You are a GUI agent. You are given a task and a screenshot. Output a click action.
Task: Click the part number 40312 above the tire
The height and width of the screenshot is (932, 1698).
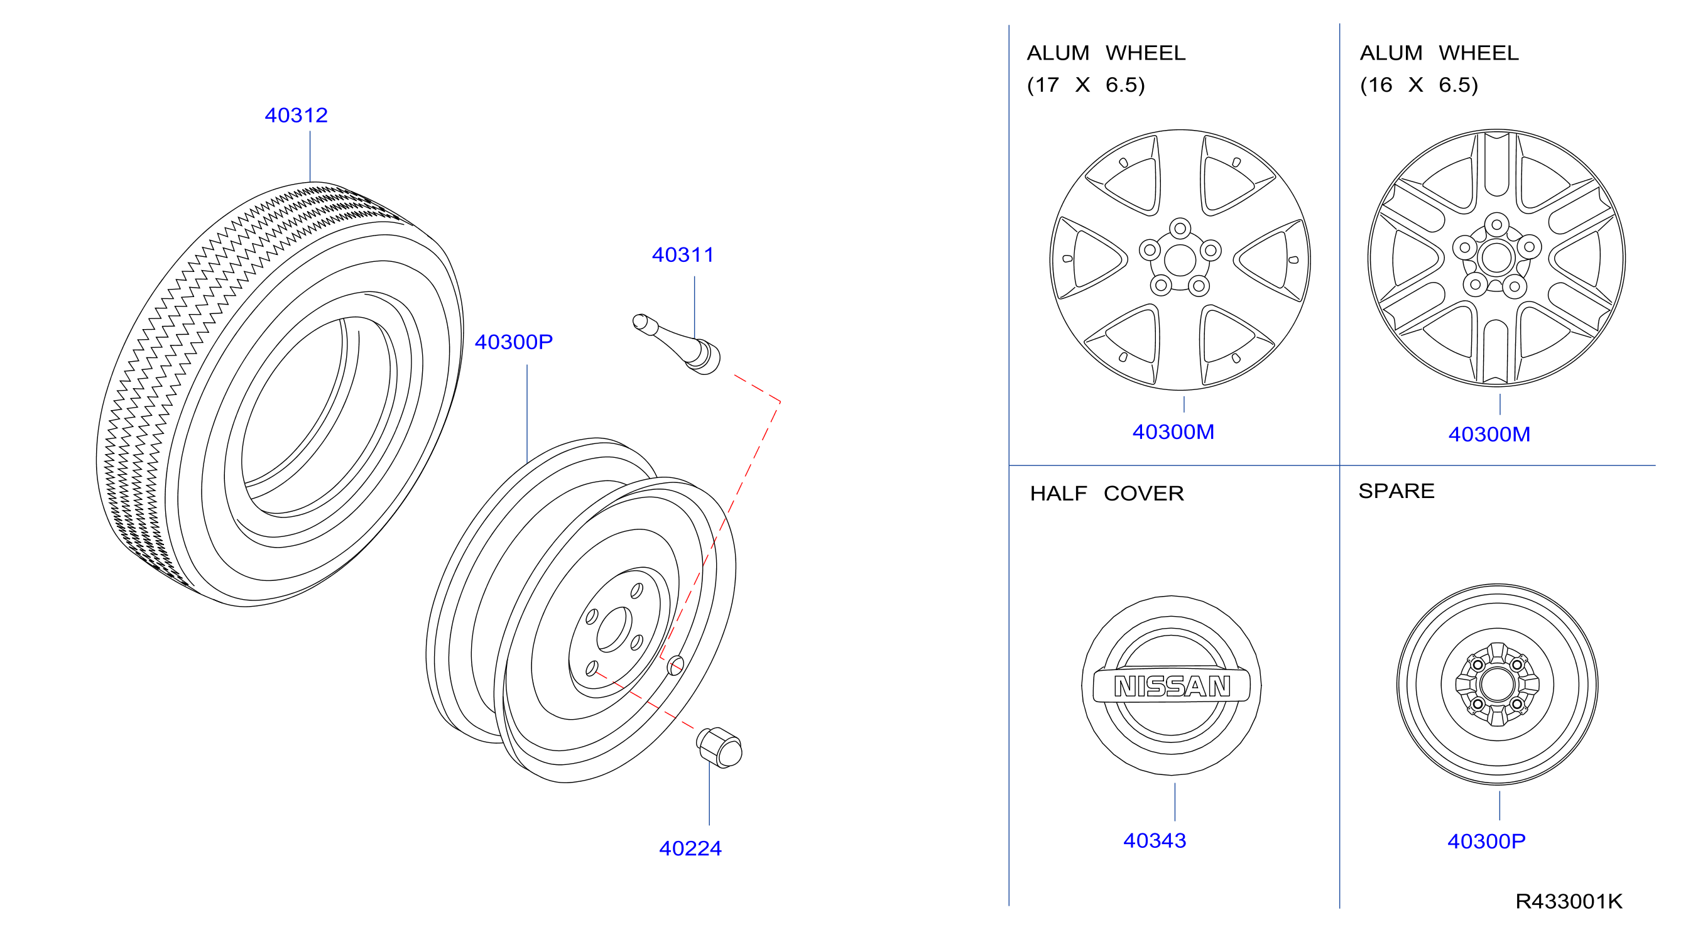point(296,116)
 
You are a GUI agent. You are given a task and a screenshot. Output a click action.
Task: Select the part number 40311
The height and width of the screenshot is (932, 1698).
point(683,255)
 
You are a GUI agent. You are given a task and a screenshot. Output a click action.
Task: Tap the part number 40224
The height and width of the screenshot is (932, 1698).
point(690,848)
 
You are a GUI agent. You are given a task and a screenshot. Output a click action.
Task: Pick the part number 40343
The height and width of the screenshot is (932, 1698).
point(1154,840)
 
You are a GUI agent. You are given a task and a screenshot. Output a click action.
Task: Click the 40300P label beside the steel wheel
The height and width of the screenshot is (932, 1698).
point(513,342)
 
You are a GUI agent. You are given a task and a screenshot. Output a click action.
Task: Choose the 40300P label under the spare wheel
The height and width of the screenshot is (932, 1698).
point(1486,841)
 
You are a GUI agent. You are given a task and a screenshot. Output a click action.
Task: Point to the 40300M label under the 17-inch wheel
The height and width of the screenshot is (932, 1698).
point(1173,431)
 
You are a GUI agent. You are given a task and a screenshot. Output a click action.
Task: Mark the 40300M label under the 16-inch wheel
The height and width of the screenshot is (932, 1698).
point(1489,435)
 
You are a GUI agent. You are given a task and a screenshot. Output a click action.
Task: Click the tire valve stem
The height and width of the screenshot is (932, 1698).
point(677,344)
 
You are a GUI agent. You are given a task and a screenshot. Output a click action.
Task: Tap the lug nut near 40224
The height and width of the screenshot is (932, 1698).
point(719,747)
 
